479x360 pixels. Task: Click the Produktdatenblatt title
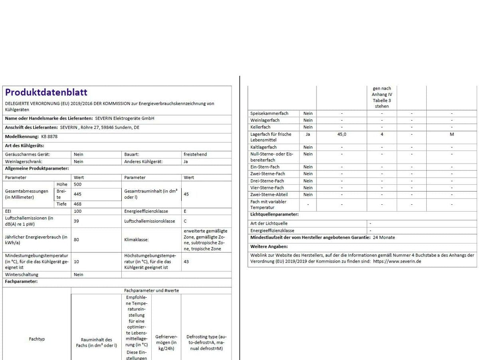click(x=46, y=93)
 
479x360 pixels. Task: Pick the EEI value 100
click(x=78, y=211)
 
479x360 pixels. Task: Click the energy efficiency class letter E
click(x=185, y=211)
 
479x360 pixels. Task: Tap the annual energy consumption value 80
click(x=77, y=240)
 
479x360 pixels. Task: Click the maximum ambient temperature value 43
click(x=186, y=262)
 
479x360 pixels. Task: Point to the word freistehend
click(x=195, y=154)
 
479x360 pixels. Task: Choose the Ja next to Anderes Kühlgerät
click(x=186, y=162)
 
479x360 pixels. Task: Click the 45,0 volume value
click(x=342, y=135)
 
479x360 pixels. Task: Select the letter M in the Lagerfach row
click(x=452, y=135)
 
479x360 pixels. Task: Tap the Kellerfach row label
click(x=260, y=127)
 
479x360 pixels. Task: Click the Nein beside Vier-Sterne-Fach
click(x=308, y=188)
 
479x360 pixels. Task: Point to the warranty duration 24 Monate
click(x=384, y=237)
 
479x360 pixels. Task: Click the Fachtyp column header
click(x=37, y=339)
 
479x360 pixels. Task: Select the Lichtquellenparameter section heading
click(x=274, y=214)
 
